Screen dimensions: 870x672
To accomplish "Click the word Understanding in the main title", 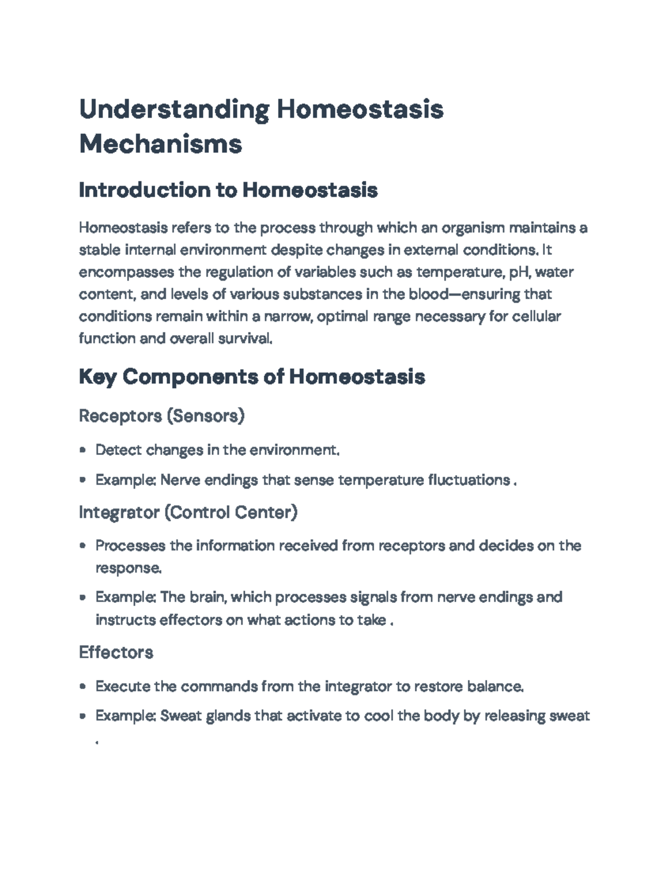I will tap(174, 110).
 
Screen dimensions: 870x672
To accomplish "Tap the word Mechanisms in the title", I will tap(161, 144).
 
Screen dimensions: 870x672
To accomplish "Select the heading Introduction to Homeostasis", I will tap(228, 190).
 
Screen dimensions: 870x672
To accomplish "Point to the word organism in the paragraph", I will tap(473, 228).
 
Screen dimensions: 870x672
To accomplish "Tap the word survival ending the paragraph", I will tap(248, 339).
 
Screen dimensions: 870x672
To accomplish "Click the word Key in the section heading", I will tap(97, 377).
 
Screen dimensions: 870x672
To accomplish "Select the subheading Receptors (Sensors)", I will tap(162, 416).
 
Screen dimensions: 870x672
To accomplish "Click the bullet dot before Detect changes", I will tap(83, 450).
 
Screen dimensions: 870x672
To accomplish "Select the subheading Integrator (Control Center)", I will tap(188, 512).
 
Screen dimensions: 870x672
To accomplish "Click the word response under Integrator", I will tap(128, 568).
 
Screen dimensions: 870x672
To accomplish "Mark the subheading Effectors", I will tap(116, 653).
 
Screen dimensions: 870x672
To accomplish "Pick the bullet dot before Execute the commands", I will tap(83, 686).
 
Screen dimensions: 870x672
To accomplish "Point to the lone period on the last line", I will tap(97, 743).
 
